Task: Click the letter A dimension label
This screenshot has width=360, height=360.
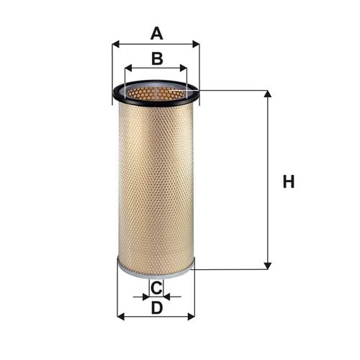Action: (157, 34)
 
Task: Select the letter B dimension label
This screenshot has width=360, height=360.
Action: (157, 58)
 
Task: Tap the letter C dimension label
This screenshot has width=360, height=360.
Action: (156, 288)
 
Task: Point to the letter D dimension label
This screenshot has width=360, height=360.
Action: (157, 308)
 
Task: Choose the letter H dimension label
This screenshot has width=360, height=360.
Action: (289, 181)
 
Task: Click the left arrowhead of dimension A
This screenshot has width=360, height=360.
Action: (116, 44)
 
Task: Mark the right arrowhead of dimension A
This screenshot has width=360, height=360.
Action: (196, 44)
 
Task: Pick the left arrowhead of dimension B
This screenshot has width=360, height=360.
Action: (128, 68)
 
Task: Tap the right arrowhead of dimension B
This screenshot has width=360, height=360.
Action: (184, 68)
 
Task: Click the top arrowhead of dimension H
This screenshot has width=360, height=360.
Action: (268, 94)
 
